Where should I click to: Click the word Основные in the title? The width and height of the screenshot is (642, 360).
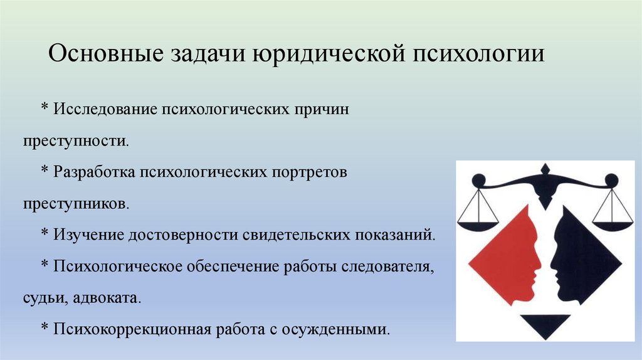coord(103,54)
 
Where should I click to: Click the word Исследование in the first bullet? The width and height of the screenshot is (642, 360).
coord(106,108)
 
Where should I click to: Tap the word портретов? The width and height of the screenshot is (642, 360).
coord(313,172)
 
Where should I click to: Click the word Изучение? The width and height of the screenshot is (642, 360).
coord(88,235)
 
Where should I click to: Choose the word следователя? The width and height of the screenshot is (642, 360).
coord(389,267)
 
